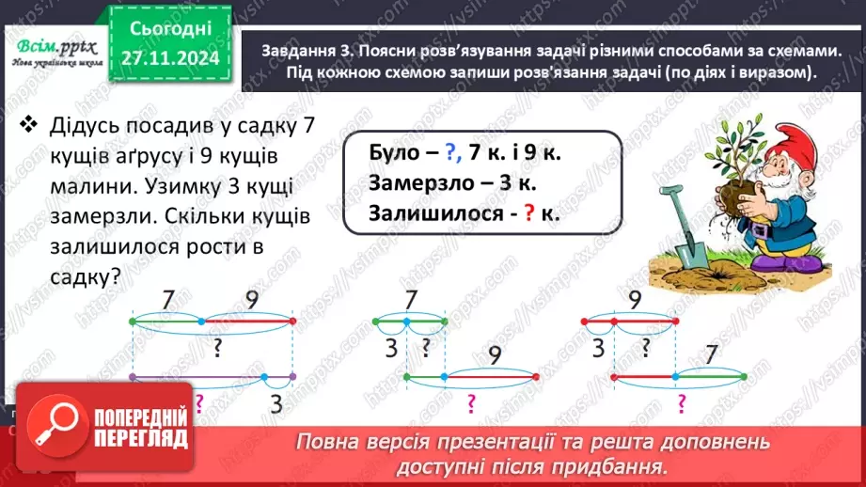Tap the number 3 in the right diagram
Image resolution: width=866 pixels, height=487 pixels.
[598, 349]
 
